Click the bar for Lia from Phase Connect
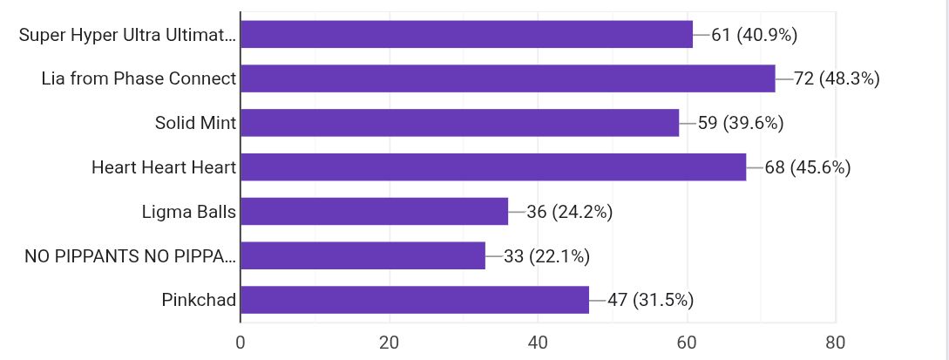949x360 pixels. click(x=507, y=78)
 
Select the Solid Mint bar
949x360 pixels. click(x=459, y=123)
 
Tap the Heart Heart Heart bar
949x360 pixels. click(x=492, y=167)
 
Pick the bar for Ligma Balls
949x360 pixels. click(x=374, y=212)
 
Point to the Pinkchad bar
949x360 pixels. click(x=414, y=300)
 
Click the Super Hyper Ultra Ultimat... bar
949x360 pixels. click(x=466, y=35)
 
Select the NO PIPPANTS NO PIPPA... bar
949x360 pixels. click(x=363, y=256)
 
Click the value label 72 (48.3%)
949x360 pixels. click(x=837, y=78)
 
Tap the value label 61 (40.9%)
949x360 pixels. click(x=755, y=35)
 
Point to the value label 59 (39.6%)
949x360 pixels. click(x=741, y=123)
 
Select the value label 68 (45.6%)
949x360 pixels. click(x=808, y=167)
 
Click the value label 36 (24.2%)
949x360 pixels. click(x=570, y=212)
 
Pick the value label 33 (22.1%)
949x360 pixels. click(x=547, y=256)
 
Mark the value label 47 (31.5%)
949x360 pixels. click(x=650, y=300)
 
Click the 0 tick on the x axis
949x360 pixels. click(x=241, y=342)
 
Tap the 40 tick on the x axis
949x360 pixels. click(x=538, y=342)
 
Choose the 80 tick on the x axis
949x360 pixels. click(x=835, y=342)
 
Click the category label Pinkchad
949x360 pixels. click(x=199, y=300)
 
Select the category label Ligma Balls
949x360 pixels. click(x=189, y=212)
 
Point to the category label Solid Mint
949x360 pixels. click(x=195, y=123)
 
